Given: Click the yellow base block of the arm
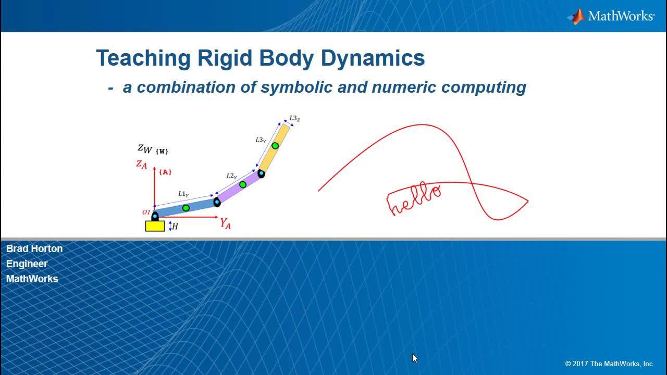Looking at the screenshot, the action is tap(155, 226).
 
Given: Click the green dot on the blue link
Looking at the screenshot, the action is tap(186, 208).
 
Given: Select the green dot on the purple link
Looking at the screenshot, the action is tap(243, 184).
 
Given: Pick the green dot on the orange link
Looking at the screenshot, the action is tap(275, 146).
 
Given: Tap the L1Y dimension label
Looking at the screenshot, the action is tap(183, 194).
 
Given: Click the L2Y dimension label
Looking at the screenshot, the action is tap(231, 176).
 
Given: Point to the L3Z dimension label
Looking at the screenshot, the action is tap(294, 118).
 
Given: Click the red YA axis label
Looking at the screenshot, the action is tap(226, 223).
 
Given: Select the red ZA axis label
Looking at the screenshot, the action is tap(142, 165).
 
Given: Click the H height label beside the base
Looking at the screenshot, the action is tap(175, 227).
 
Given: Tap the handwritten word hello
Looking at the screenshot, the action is tap(414, 198).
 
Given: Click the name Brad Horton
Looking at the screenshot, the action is tap(34, 248).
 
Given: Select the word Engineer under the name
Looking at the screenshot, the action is tap(27, 264).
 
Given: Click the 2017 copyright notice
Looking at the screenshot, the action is tap(610, 364).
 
